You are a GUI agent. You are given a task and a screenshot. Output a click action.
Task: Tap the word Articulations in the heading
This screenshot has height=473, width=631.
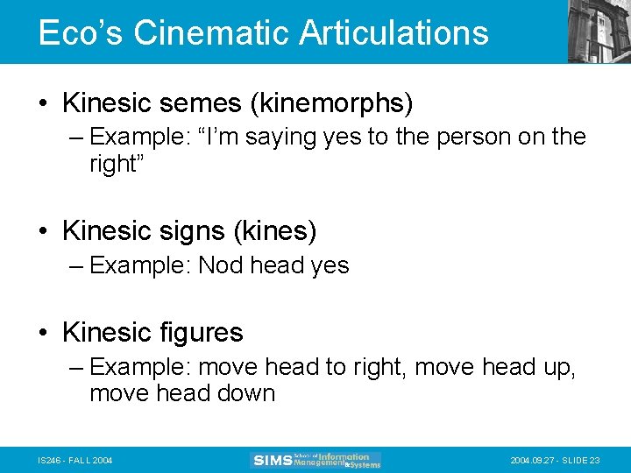393,32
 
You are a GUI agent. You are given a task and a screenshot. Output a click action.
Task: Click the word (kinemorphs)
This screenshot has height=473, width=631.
331,103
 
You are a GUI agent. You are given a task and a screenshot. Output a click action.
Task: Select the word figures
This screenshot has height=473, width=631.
202,333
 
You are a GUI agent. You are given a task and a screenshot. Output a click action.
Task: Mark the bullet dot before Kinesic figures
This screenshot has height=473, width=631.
44,333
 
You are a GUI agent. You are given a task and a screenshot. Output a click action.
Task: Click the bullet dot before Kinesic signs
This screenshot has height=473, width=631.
44,231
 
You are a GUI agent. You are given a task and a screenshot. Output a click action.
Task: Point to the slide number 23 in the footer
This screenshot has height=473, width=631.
595,460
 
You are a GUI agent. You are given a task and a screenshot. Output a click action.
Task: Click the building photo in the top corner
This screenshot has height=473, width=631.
599,31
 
